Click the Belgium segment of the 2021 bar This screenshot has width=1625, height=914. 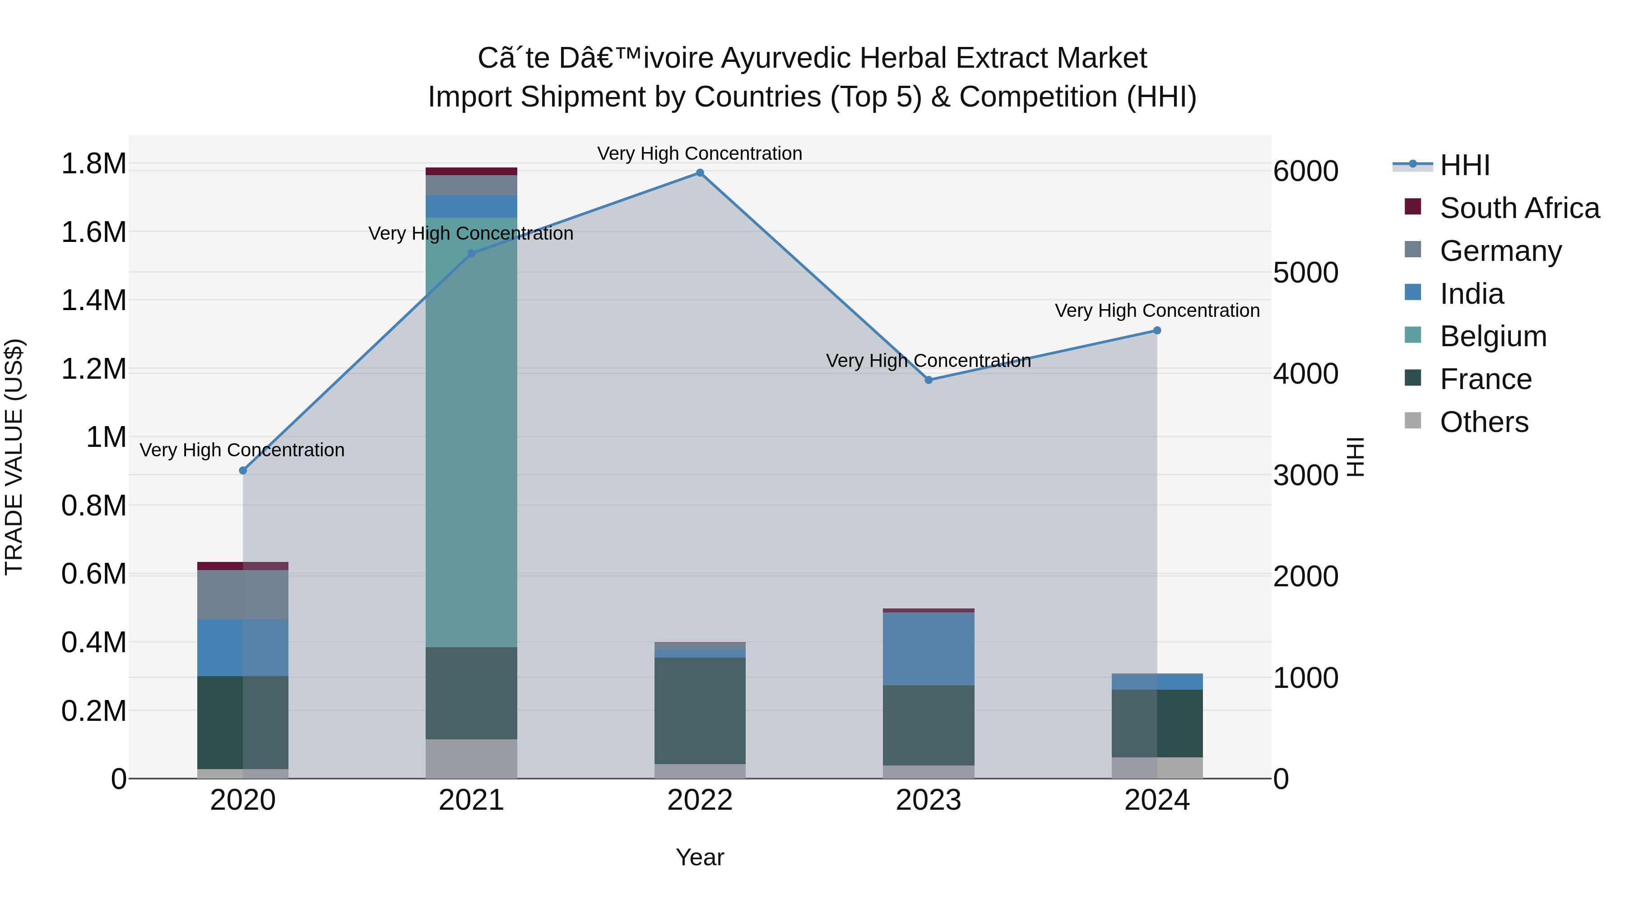click(x=471, y=432)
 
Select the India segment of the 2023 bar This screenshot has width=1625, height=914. click(x=928, y=649)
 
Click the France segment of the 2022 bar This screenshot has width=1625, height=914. click(x=700, y=710)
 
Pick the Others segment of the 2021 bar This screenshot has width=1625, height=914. click(x=471, y=758)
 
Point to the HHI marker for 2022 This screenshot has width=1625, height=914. click(x=700, y=173)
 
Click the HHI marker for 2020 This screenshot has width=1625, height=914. click(x=243, y=471)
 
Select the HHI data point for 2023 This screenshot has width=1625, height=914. click(x=928, y=380)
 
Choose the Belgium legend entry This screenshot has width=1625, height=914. click(x=1493, y=336)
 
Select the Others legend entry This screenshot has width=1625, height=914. click(x=1484, y=422)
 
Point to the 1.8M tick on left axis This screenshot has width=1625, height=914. click(x=93, y=164)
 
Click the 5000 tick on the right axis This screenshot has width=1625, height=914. click(x=1305, y=273)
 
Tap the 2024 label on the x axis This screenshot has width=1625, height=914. click(x=1156, y=800)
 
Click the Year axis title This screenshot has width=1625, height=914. click(x=700, y=857)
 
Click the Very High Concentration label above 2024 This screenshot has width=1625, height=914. click(x=1156, y=311)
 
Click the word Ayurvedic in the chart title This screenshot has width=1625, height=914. click(x=785, y=58)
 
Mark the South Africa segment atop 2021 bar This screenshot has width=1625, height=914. click(x=471, y=171)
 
